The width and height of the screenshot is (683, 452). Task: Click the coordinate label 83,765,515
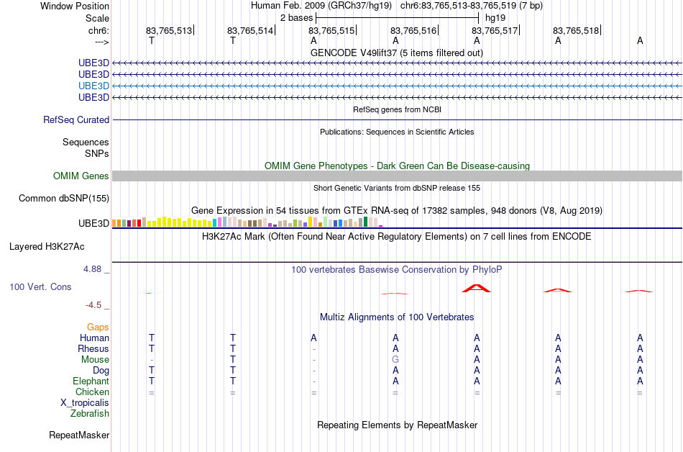tap(331, 30)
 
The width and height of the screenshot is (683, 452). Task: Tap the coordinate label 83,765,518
tap(576, 30)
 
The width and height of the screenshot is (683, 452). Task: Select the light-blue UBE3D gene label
tap(93, 86)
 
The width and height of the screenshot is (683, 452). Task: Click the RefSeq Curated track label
tap(76, 120)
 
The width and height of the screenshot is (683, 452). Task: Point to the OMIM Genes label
tap(81, 176)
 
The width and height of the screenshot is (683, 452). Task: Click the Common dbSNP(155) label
tap(64, 199)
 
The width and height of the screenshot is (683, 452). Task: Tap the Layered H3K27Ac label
tap(47, 247)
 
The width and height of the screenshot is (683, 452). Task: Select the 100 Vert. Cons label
tap(40, 286)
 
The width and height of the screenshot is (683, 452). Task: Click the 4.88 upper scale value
tap(92, 269)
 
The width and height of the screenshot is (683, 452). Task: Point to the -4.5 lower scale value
tap(93, 305)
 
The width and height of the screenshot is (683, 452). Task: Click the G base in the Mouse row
tap(395, 360)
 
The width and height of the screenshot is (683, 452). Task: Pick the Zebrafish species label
tap(90, 413)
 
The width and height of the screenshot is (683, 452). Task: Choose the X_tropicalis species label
tap(85, 403)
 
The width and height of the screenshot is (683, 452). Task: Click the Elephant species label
tap(91, 381)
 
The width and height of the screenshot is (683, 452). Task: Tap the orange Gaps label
tap(98, 327)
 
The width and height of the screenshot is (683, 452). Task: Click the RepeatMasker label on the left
tap(79, 435)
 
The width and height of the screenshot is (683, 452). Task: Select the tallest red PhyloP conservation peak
tap(477, 288)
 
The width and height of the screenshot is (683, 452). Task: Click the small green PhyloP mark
tap(149, 294)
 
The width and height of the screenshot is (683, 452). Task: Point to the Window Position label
tap(75, 6)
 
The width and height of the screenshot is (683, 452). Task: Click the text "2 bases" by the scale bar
tap(296, 18)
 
